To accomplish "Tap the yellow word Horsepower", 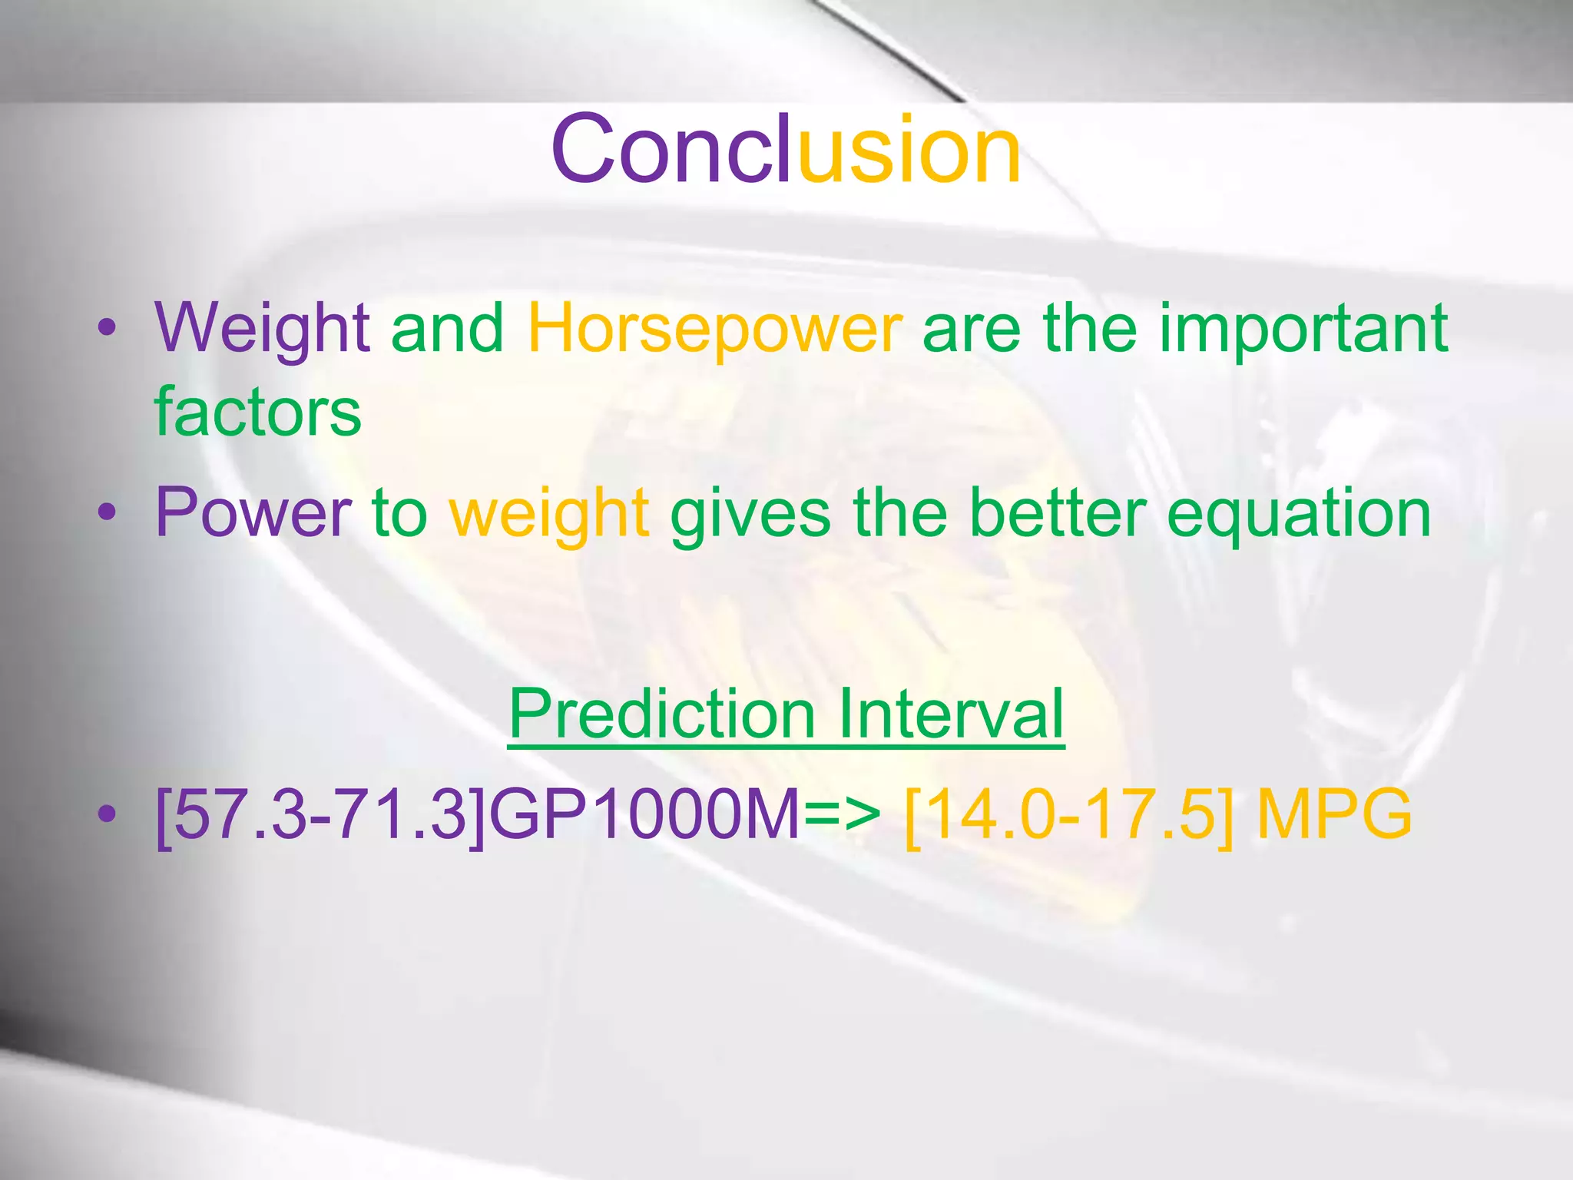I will point(715,328).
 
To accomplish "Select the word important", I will point(1303,328).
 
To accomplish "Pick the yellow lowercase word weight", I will point(549,514).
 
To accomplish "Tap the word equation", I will point(1298,514).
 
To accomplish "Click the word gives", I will point(750,514).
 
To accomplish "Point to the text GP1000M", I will point(645,814).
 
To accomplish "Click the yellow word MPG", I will point(1334,814).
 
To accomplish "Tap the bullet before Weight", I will point(108,328).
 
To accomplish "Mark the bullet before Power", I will point(108,512).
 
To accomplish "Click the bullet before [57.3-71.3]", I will point(108,814).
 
